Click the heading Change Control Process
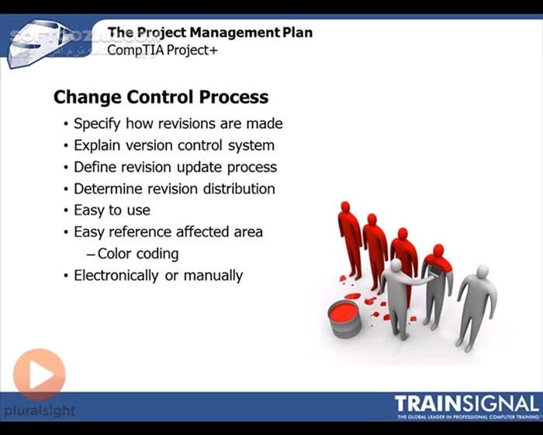[x=161, y=97]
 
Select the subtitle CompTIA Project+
[x=163, y=49]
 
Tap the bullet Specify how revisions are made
[x=178, y=124]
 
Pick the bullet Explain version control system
[x=174, y=145]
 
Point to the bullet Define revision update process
[x=175, y=167]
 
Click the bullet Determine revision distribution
[x=174, y=188]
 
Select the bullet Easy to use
[x=112, y=210]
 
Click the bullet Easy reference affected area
[x=168, y=231]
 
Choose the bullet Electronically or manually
[x=157, y=275]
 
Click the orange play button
[x=39, y=375]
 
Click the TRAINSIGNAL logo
[x=465, y=405]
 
